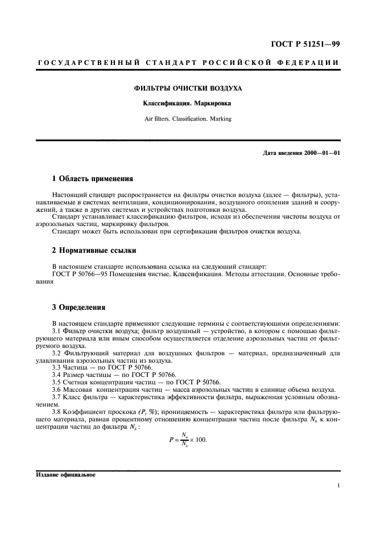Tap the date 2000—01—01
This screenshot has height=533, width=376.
(x=320, y=153)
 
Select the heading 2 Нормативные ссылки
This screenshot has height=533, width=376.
(x=93, y=251)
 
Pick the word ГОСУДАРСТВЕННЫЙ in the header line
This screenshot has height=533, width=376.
(x=75, y=61)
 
